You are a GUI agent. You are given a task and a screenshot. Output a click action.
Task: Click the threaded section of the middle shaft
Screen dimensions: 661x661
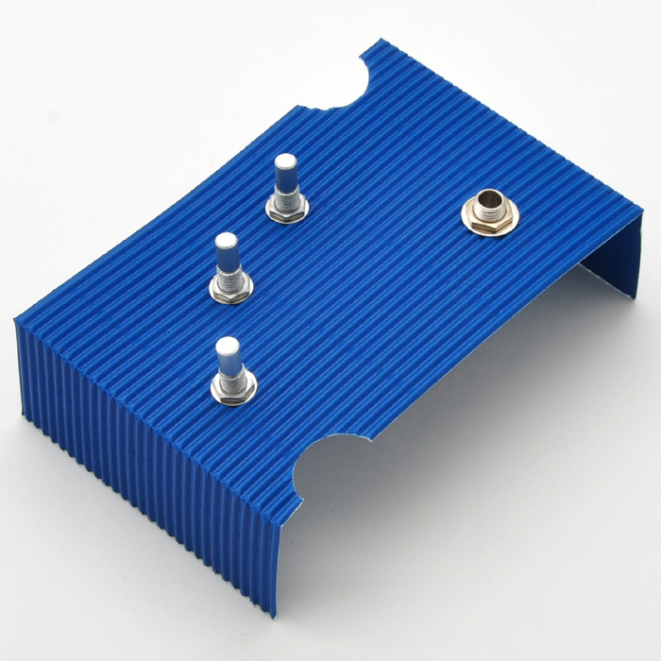(x=229, y=275)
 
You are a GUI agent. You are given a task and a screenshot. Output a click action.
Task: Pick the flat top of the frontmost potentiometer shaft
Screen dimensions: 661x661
(x=227, y=345)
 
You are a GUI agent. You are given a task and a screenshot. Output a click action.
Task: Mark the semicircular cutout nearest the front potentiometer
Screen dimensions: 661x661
(x=330, y=463)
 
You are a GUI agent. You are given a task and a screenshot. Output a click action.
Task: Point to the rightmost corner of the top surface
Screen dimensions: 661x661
(x=642, y=210)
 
